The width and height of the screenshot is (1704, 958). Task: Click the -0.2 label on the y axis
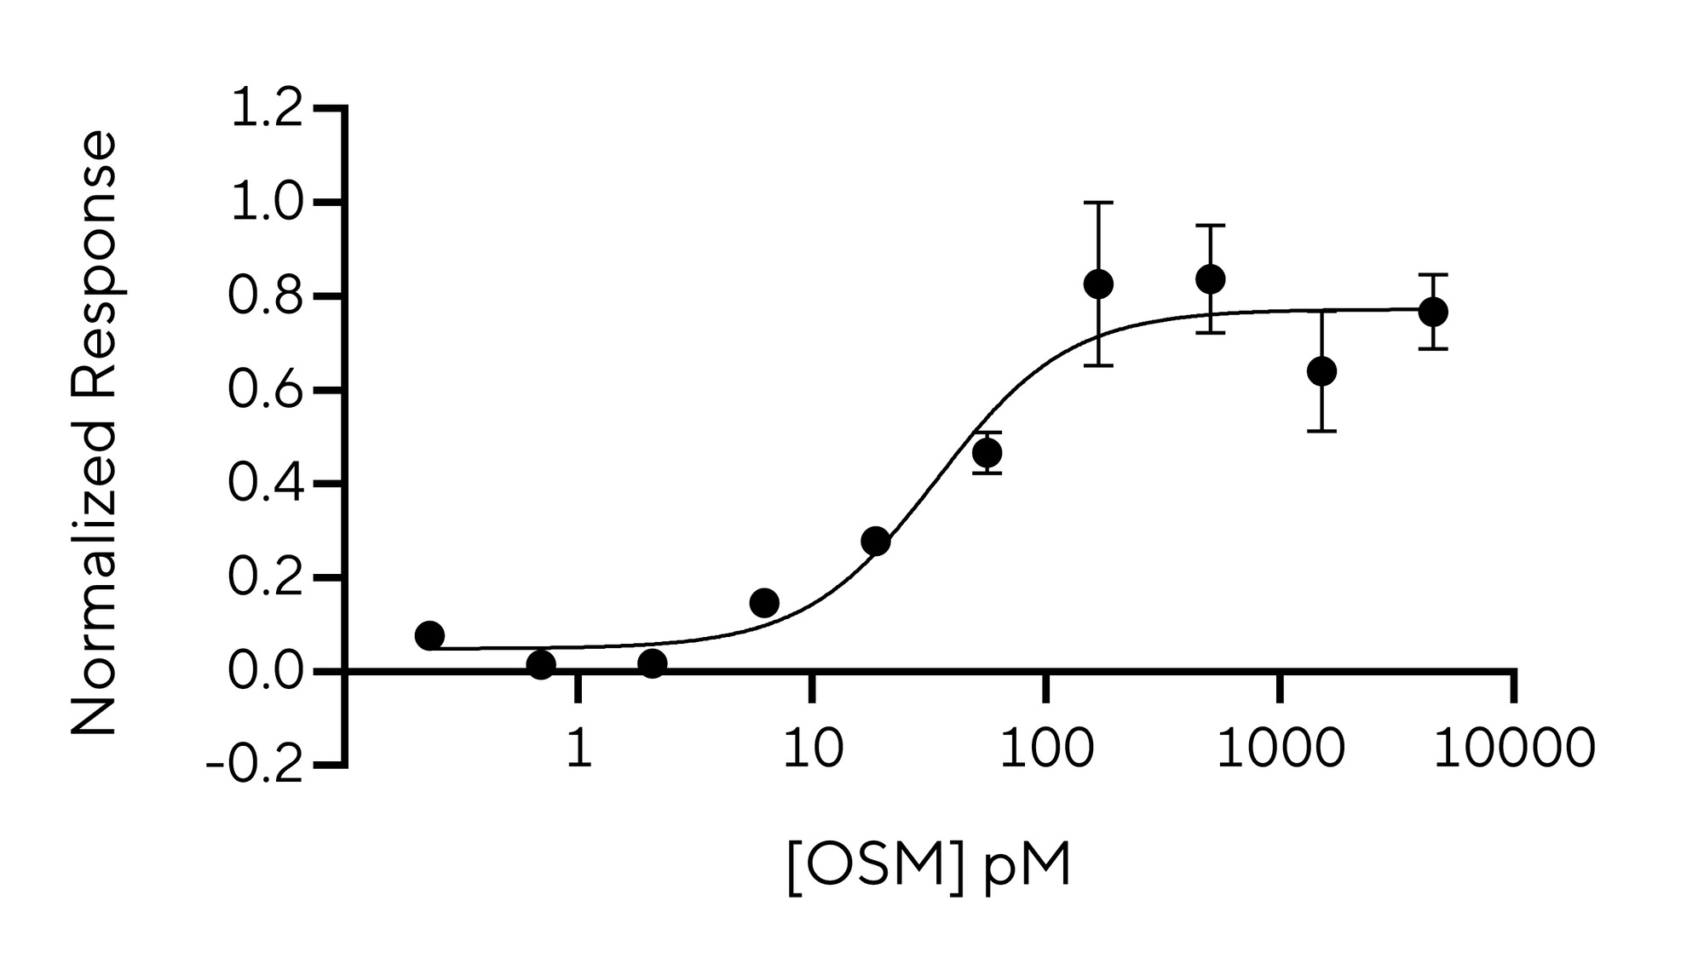(x=255, y=766)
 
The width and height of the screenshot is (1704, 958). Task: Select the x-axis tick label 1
(x=579, y=749)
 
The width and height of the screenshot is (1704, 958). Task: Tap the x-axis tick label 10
(x=813, y=749)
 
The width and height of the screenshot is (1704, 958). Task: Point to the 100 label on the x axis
(x=1046, y=749)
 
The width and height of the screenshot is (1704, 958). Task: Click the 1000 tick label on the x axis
(x=1280, y=749)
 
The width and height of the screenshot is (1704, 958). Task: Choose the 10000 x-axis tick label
(x=1514, y=749)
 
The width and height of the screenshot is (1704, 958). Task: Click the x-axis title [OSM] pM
(x=928, y=869)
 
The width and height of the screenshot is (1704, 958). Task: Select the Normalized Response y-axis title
(x=93, y=433)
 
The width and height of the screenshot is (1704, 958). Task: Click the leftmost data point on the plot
(x=429, y=635)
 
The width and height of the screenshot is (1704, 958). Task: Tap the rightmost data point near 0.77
(x=1433, y=312)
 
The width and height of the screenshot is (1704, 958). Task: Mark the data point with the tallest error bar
(x=1098, y=284)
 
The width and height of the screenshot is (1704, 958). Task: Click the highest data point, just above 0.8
(x=1210, y=278)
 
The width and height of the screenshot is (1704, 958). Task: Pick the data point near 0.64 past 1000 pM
(x=1321, y=371)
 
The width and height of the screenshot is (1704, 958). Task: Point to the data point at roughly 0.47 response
(x=987, y=452)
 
